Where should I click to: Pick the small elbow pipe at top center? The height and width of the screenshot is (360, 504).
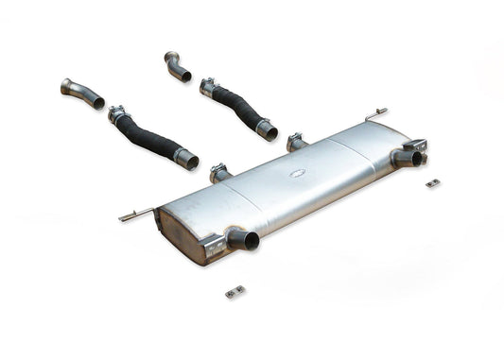[176, 66]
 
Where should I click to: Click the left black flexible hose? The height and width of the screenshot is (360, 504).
[151, 138]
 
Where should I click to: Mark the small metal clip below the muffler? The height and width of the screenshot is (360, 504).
[235, 291]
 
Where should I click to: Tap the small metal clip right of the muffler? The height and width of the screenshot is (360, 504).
[432, 182]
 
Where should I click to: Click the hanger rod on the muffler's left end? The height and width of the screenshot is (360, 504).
[135, 214]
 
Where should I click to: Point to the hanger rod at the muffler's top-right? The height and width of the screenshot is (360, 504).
[376, 114]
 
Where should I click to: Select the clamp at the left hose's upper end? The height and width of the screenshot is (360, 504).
[118, 115]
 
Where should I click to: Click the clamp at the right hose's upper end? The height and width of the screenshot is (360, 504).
[208, 88]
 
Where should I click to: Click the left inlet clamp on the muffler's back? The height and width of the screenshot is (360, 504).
[219, 173]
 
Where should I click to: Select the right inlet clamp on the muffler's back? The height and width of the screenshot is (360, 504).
[294, 142]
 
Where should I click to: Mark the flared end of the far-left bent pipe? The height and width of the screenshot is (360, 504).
[68, 88]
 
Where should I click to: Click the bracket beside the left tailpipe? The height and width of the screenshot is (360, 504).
[217, 245]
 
